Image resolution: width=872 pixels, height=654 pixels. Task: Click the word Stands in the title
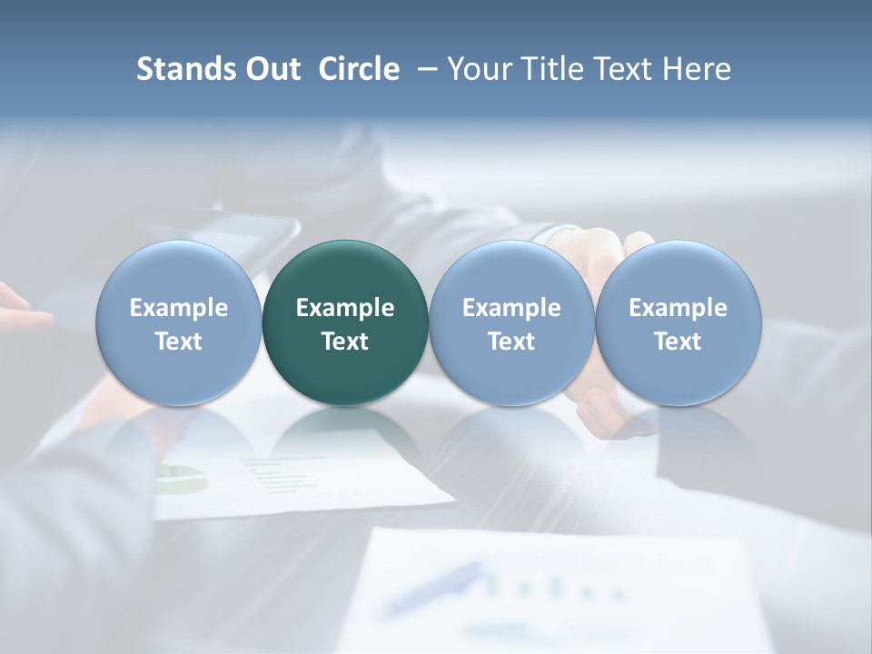[x=185, y=69]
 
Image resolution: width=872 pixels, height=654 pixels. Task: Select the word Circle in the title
[x=359, y=69]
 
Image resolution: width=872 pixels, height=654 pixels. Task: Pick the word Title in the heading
[x=554, y=69]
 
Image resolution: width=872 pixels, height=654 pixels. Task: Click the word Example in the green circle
[x=345, y=308]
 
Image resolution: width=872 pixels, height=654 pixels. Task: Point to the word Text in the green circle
[x=345, y=342]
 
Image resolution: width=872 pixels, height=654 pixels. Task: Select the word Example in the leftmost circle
[x=178, y=308]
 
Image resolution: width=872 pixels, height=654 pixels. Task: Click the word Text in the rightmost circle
[x=678, y=342]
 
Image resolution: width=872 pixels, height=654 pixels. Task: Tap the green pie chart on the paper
[x=182, y=479]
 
